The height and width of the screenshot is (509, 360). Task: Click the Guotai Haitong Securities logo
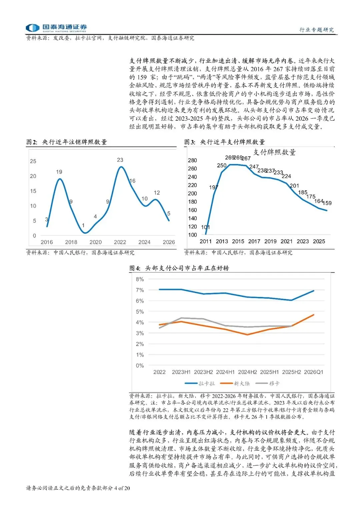coord(56,28)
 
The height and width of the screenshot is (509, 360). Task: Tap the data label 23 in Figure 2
coord(120,160)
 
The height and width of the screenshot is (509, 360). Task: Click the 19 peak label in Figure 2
coord(59,172)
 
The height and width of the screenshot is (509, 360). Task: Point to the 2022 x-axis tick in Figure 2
coord(120,242)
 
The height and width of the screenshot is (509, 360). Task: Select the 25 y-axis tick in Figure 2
coord(33,161)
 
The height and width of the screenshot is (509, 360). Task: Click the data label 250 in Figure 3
coord(222,165)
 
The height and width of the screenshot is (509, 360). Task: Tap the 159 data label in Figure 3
coord(327,203)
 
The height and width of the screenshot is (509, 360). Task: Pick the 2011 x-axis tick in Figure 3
coord(205,241)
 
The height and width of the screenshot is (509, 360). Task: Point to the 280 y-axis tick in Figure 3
coord(192,160)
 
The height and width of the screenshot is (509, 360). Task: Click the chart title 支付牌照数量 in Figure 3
coord(274,152)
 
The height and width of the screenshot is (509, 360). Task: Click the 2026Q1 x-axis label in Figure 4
coord(313,372)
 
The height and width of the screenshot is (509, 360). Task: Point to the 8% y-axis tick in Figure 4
coord(140,279)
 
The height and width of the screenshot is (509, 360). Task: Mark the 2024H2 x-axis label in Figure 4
coord(247,372)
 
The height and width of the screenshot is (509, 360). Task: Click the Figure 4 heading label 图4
coord(135,268)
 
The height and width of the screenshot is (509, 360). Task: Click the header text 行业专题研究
coord(317,30)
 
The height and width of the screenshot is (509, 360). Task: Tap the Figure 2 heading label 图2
coord(32,142)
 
